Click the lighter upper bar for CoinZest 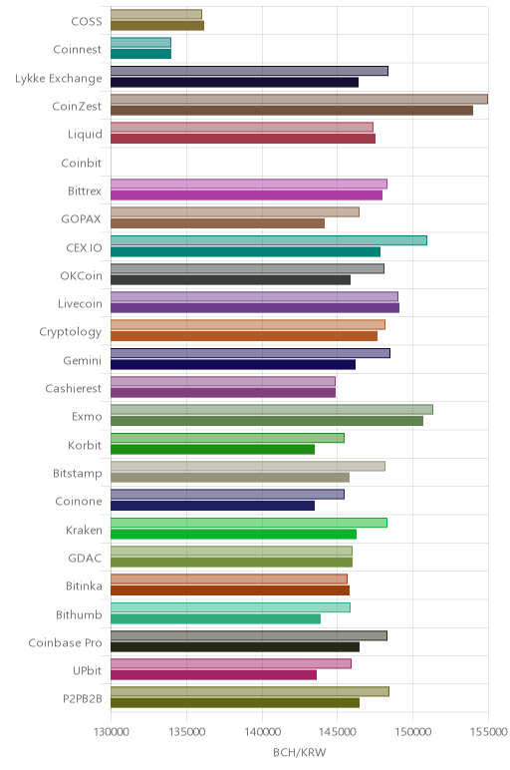click(299, 99)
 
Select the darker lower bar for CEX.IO click(246, 252)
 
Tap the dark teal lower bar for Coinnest click(141, 54)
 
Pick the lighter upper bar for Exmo click(272, 410)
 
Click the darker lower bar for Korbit click(213, 449)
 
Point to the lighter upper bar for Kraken click(249, 523)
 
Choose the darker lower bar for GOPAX click(218, 223)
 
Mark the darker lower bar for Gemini click(233, 364)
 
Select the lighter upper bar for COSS click(156, 14)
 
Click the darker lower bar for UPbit click(214, 675)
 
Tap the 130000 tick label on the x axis click(112, 732)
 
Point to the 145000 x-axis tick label click(338, 732)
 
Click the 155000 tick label click(488, 732)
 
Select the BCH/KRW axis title click(299, 753)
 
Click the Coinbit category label click(82, 163)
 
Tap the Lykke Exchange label click(59, 79)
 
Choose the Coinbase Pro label click(65, 642)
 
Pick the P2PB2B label click(83, 699)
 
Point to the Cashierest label click(74, 388)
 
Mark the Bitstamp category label click(78, 474)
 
